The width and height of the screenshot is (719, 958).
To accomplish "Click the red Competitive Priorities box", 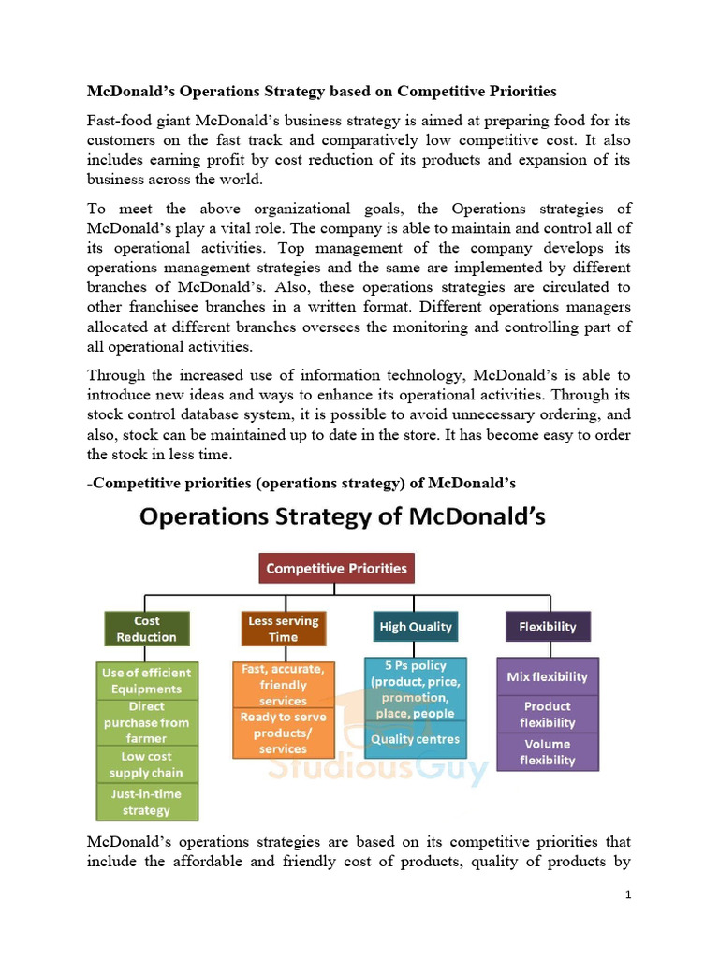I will tap(336, 568).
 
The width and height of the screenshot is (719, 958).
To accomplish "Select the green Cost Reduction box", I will tap(146, 628).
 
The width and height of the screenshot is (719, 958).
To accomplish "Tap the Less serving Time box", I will tap(283, 628).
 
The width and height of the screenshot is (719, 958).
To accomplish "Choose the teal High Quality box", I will tap(415, 627).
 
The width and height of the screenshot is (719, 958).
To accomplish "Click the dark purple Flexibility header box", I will tap(548, 627).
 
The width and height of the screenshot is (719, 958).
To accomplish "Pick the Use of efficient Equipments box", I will tap(146, 680).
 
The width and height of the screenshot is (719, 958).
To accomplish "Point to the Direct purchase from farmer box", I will tap(146, 722).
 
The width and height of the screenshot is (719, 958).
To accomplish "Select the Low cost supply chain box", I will tap(146, 764).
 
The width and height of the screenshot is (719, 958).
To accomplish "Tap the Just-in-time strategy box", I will tap(146, 802).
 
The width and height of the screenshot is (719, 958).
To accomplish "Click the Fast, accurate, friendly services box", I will tap(283, 685).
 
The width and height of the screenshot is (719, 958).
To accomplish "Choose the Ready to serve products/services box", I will tap(283, 733).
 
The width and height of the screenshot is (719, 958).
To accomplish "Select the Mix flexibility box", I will tap(548, 676).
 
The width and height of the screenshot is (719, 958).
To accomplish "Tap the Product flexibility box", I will tap(548, 714).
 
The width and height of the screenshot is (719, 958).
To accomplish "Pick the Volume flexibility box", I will tap(548, 751).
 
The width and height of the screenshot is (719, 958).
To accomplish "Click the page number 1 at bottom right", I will tap(628, 895).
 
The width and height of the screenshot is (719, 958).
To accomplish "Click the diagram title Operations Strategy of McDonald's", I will tap(343, 516).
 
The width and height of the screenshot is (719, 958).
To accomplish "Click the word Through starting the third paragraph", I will tap(118, 376).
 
